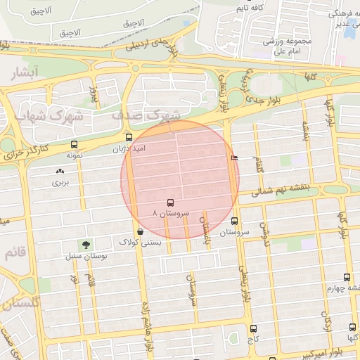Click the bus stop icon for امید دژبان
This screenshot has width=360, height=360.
(128, 138)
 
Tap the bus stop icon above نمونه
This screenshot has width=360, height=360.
(74, 144)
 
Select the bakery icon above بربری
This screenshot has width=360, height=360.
(59, 171)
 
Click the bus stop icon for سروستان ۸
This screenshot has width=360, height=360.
(170, 202)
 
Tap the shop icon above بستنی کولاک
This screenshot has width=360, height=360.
(141, 231)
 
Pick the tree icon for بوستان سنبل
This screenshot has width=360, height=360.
(86, 245)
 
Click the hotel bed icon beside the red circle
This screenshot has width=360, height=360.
(234, 158)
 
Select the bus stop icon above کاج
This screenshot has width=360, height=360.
(253, 328)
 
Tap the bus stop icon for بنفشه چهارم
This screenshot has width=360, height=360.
(347, 277)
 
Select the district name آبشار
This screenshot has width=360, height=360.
(27, 72)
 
